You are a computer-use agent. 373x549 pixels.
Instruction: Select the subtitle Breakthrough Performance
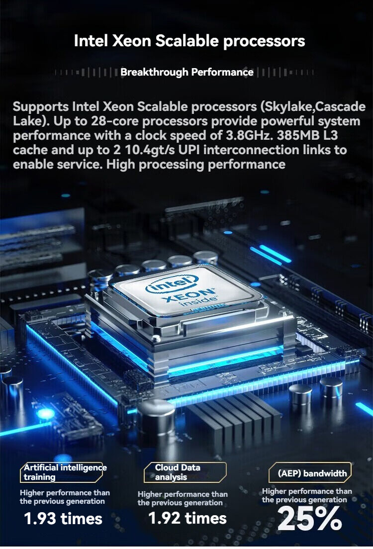click(x=187, y=72)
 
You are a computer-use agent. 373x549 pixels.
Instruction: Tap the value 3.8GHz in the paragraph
click(x=246, y=135)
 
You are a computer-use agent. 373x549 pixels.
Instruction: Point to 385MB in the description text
click(x=302, y=135)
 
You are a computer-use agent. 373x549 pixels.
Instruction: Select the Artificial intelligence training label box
click(x=61, y=472)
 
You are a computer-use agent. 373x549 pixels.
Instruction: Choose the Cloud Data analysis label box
click(x=186, y=472)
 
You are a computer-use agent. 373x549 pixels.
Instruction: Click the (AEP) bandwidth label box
click(x=310, y=473)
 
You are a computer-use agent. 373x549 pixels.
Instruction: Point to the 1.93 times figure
click(x=63, y=519)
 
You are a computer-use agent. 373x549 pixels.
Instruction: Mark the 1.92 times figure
click(x=187, y=518)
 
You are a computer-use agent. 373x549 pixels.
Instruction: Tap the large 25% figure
click(x=309, y=519)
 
